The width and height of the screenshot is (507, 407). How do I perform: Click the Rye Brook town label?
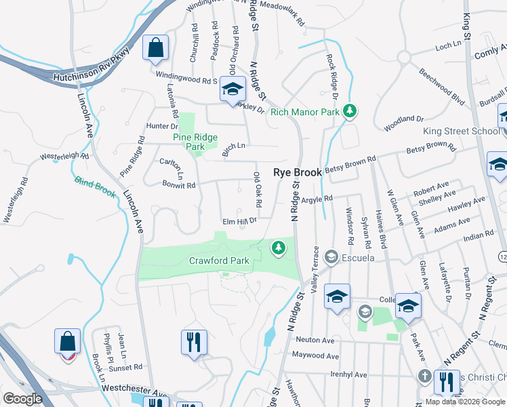[297, 173]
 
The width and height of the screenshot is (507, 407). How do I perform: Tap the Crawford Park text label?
[219, 260]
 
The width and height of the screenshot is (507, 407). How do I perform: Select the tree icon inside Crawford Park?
[278, 249]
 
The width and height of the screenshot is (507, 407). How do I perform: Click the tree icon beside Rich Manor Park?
[350, 111]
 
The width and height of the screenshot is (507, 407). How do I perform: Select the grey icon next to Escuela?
[331, 257]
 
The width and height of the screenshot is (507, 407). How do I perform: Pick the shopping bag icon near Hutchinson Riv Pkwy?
[156, 49]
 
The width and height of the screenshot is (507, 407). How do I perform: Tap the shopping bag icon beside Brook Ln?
[68, 342]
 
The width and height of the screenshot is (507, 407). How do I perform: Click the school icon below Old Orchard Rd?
[232, 90]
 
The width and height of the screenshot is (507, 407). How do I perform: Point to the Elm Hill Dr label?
[240, 221]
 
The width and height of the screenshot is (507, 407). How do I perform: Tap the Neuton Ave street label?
[316, 340]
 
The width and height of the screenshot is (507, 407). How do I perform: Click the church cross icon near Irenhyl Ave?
[424, 376]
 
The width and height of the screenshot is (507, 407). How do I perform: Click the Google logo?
[22, 399]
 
